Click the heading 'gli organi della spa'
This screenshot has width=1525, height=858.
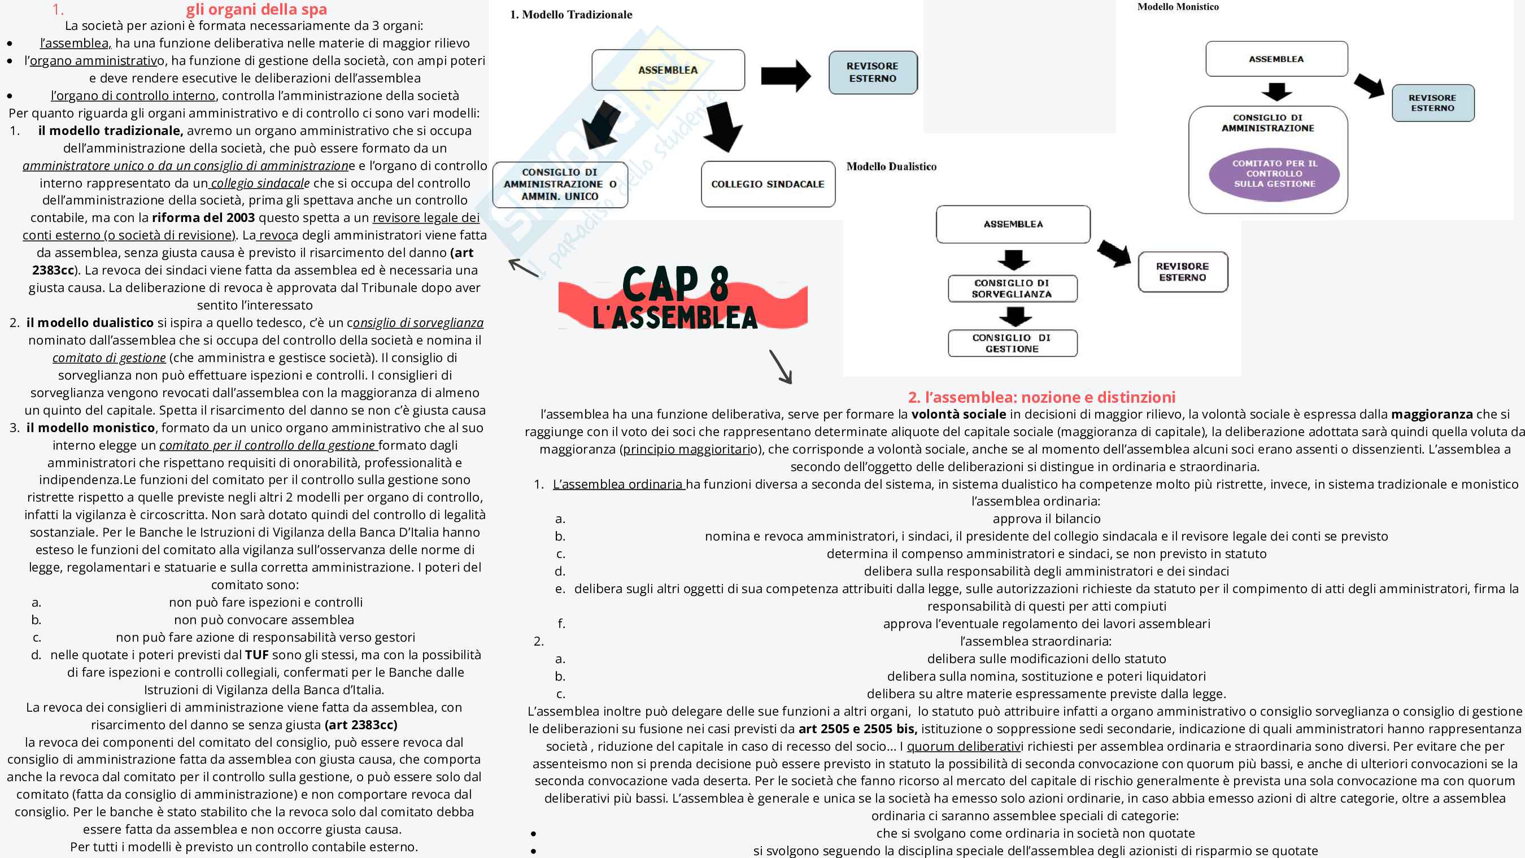click(256, 10)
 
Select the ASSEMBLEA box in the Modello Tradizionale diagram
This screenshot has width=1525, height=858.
click(668, 70)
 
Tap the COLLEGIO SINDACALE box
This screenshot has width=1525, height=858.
click(768, 184)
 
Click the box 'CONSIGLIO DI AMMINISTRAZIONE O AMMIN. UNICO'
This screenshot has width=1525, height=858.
click(560, 184)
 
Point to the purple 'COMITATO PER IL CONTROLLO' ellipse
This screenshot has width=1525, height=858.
click(1275, 173)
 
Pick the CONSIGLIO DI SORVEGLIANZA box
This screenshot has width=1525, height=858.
click(1012, 289)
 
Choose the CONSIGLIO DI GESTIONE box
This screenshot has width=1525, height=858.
click(1012, 343)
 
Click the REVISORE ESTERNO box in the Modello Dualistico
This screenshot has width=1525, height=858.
click(1183, 272)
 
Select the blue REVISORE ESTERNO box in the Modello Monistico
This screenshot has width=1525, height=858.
click(1432, 103)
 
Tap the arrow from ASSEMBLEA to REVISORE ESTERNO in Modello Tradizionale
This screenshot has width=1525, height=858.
click(786, 76)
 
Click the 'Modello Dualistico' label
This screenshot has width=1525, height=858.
click(891, 167)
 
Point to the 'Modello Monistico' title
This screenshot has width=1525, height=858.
click(1178, 7)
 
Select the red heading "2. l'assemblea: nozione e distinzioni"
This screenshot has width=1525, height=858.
click(1042, 397)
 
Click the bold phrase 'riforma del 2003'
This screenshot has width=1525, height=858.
click(203, 217)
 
